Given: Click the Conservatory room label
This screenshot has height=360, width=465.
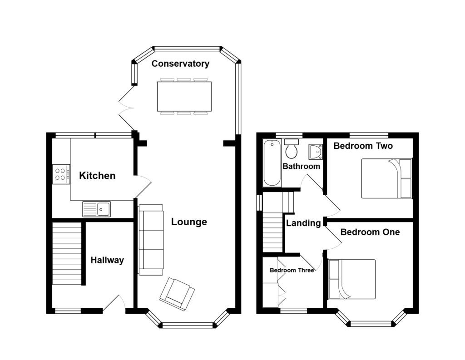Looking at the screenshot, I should (x=180, y=64).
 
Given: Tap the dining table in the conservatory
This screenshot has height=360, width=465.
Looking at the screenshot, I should (x=184, y=96).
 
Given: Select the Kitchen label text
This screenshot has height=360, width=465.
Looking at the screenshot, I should (x=97, y=176).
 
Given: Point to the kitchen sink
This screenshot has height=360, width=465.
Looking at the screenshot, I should (x=97, y=209).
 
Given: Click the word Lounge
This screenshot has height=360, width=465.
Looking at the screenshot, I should (x=189, y=222).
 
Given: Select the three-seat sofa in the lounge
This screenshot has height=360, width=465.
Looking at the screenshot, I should (x=151, y=240).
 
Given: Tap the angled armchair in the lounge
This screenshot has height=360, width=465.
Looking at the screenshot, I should (x=177, y=294).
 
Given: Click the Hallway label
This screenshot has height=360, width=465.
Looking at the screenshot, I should (x=107, y=260).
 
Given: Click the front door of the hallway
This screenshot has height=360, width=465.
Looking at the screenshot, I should (x=114, y=304).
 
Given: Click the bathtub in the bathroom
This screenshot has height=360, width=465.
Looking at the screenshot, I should (x=272, y=163).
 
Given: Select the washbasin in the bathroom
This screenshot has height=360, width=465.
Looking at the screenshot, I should (x=315, y=152).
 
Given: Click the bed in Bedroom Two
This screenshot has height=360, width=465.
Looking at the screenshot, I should (x=386, y=178).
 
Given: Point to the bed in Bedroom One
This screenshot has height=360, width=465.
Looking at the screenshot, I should (x=352, y=279).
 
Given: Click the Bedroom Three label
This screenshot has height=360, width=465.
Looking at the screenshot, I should (x=292, y=270).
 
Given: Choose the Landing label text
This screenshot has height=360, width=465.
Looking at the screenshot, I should (x=303, y=223).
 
